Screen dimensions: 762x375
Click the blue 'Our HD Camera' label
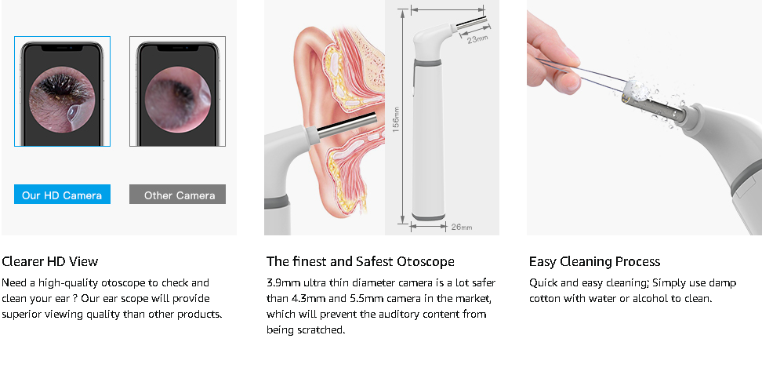(x=62, y=194)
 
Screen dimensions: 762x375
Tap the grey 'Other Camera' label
(x=177, y=194)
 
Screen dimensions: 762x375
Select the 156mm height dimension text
(x=396, y=120)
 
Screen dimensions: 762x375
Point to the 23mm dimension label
(x=477, y=38)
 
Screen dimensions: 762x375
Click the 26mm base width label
(x=462, y=227)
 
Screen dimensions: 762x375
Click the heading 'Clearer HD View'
(x=50, y=261)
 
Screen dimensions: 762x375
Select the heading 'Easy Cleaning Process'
(x=594, y=261)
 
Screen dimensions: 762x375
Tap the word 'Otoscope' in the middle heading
(x=425, y=261)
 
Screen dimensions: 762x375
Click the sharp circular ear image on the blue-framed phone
(x=62, y=100)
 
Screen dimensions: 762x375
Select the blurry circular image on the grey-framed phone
(x=178, y=100)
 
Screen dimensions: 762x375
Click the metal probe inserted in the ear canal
(x=346, y=125)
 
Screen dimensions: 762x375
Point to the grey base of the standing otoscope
(x=428, y=217)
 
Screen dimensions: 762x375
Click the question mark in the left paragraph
(x=74, y=298)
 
